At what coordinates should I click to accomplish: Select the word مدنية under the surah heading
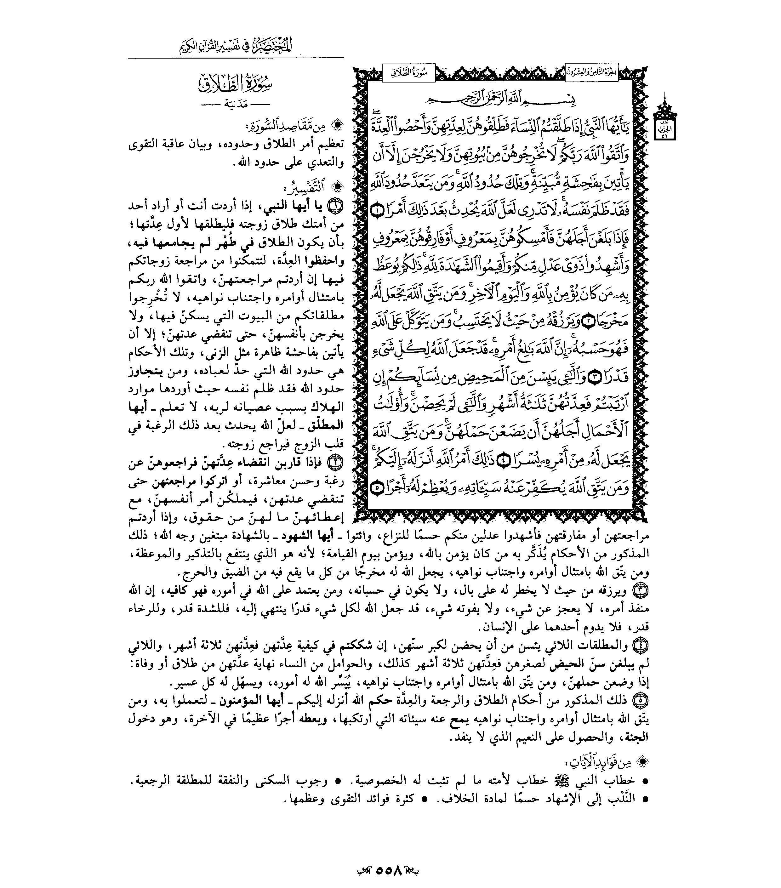(236, 105)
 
